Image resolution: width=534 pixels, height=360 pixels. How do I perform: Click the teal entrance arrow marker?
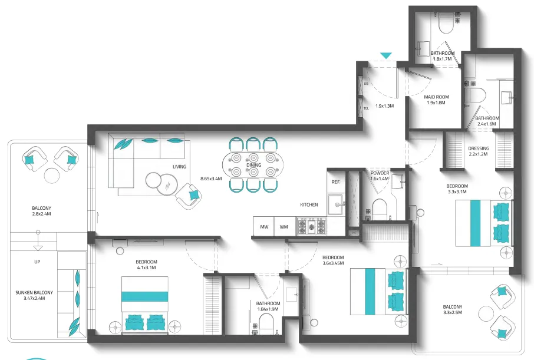pyautogui.click(x=386, y=56)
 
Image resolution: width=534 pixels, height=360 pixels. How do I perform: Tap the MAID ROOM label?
pyautogui.click(x=436, y=97)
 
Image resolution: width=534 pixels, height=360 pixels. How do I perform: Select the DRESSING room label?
pyautogui.click(x=479, y=148)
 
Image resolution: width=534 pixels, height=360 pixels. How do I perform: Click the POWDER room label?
pyautogui.click(x=380, y=173)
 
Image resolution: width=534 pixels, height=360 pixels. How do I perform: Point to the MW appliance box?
pyautogui.click(x=264, y=226)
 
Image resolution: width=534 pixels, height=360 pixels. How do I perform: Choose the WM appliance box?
pyautogui.click(x=284, y=226)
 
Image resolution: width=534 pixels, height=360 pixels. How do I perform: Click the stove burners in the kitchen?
pyautogui.click(x=311, y=226)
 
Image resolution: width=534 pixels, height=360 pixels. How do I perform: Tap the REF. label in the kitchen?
pyautogui.click(x=336, y=182)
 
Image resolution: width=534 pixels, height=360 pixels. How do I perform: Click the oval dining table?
pyautogui.click(x=253, y=165)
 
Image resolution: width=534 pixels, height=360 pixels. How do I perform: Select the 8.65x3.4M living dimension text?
pyautogui.click(x=211, y=179)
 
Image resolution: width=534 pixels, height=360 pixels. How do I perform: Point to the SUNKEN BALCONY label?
pyautogui.click(x=34, y=293)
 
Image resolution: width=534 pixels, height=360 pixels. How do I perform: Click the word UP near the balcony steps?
pyautogui.click(x=37, y=262)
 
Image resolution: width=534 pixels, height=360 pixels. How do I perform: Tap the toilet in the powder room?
pyautogui.click(x=380, y=210)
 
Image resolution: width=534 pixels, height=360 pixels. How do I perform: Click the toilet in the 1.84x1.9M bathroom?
pyautogui.click(x=266, y=324)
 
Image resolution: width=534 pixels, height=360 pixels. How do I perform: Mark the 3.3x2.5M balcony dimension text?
pyautogui.click(x=453, y=313)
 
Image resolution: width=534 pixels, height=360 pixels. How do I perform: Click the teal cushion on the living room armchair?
pyautogui.click(x=194, y=195)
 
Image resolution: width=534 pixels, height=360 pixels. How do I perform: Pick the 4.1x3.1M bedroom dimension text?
pyautogui.click(x=146, y=267)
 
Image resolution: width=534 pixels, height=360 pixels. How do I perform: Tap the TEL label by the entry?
pyautogui.click(x=366, y=108)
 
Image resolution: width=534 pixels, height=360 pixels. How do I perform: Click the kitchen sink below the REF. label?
pyautogui.click(x=336, y=204)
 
